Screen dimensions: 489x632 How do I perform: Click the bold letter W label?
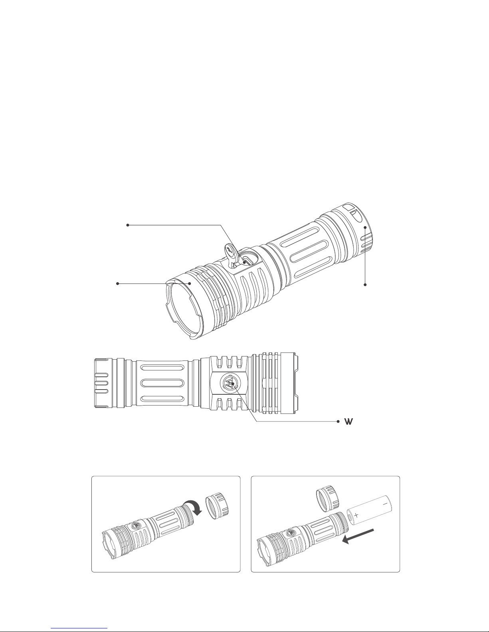click(x=349, y=421)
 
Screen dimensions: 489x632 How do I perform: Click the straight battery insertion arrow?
click(x=358, y=536)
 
